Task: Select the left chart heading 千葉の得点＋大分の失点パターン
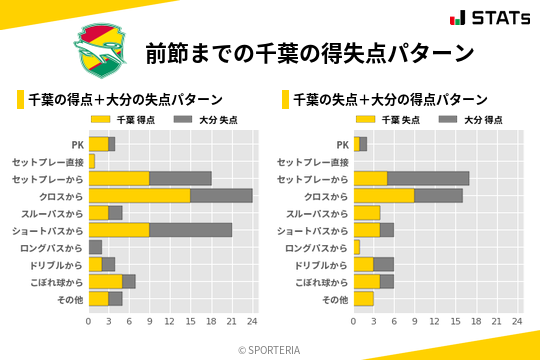pos(125,100)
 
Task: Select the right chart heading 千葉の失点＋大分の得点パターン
pos(390,100)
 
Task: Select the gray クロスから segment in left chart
pos(221,196)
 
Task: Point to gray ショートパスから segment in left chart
pos(190,230)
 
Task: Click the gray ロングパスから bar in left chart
pos(95,247)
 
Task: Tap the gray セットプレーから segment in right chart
pos(428,178)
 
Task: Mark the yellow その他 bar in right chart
pos(363,299)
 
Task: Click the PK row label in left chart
pos(77,144)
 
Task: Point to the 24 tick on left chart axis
pos(252,321)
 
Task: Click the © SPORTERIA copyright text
pos(270,350)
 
